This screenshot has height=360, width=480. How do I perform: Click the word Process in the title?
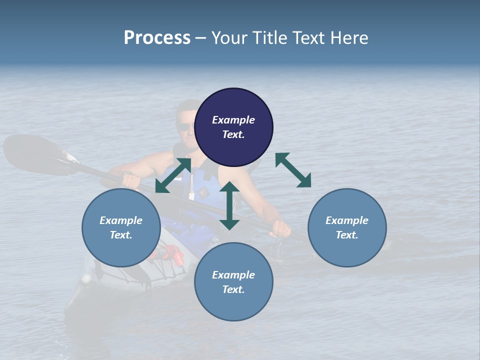tap(157, 38)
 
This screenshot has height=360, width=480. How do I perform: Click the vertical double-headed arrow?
tap(229, 205)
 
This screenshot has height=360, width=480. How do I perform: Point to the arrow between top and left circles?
tap(173, 175)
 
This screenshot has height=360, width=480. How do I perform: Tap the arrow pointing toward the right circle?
tap(293, 170)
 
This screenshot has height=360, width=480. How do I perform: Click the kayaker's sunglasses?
tap(185, 127)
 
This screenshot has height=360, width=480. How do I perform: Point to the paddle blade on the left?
tap(35, 152)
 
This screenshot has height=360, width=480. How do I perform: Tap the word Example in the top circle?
tap(233, 120)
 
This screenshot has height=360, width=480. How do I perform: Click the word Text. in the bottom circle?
tap(233, 289)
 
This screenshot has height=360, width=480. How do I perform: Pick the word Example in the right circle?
tap(347, 220)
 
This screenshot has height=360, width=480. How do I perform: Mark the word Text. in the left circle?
tap(121, 235)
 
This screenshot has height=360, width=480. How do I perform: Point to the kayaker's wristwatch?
tap(127, 173)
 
